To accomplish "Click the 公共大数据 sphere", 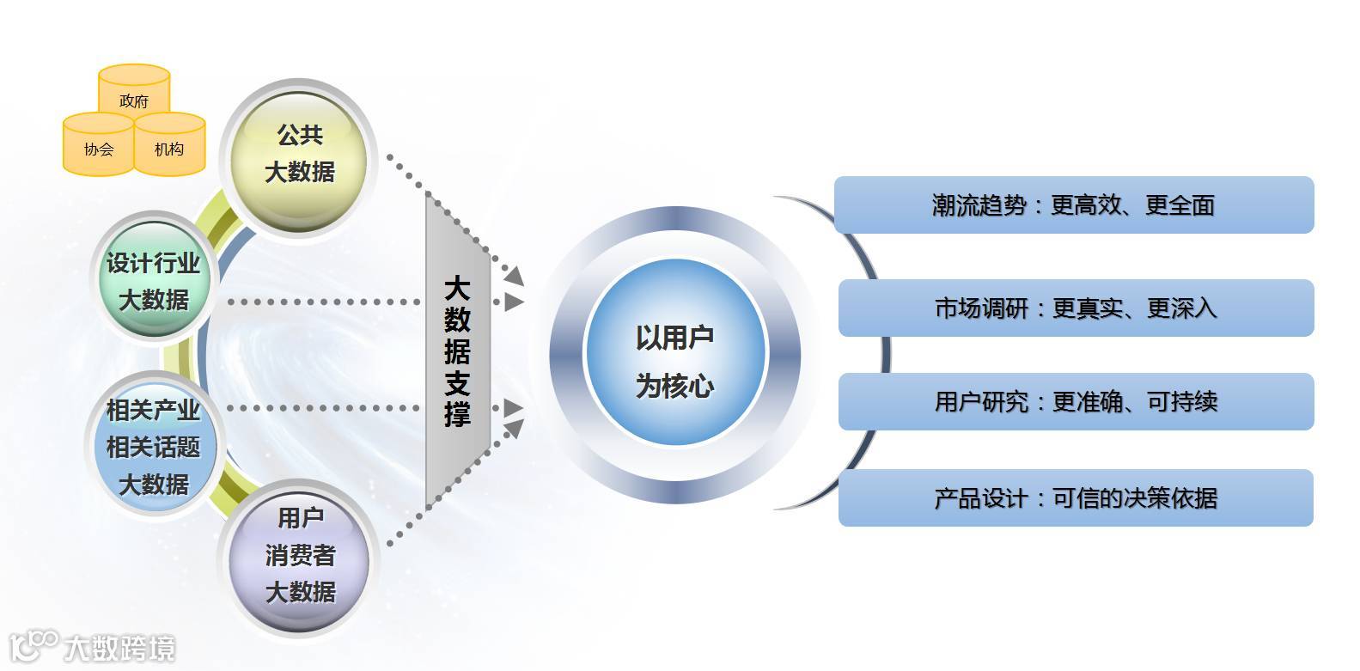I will [x=299, y=155].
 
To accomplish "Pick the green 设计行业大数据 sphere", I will [x=153, y=281].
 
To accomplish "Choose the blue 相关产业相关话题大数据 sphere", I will [x=153, y=447].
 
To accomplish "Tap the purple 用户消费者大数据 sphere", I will [x=300, y=555].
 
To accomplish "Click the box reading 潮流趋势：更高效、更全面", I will [x=1074, y=204].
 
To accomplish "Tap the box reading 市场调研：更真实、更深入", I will [x=1076, y=308].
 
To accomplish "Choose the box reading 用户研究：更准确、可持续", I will [x=1076, y=401].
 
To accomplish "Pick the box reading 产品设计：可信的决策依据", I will [x=1076, y=497].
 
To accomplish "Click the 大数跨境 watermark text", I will [x=120, y=649].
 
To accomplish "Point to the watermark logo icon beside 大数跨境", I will [x=33, y=647].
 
